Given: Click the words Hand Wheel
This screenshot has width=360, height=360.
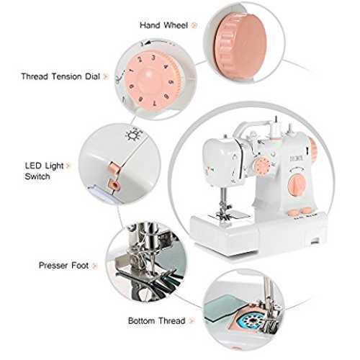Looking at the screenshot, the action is (163, 25).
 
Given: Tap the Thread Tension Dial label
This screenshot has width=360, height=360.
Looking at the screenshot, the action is (60, 76).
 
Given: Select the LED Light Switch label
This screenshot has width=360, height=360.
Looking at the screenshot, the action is (44, 171).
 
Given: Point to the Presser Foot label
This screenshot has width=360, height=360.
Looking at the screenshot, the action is (63, 266).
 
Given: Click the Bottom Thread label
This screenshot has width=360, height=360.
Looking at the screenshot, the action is (156, 320).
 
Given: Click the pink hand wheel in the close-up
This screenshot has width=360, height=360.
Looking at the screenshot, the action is (240, 45).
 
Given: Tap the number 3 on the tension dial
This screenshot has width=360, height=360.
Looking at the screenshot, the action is (153, 58).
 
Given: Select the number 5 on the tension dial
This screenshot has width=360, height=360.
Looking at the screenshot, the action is (171, 83).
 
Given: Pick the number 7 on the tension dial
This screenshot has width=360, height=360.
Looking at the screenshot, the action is (154, 104).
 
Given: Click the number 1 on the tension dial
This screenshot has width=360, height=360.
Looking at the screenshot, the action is (131, 71).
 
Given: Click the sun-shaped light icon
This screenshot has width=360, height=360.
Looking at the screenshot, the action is (132, 135).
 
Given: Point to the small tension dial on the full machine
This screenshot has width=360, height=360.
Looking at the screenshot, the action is (263, 166).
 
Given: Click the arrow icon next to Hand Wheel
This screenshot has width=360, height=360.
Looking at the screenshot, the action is (194, 25).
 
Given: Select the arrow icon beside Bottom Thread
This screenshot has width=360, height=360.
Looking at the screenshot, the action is (192, 321).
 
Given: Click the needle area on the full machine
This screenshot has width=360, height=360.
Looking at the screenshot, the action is (224, 204).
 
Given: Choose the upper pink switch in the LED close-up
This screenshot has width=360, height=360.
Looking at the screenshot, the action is (114, 168).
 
